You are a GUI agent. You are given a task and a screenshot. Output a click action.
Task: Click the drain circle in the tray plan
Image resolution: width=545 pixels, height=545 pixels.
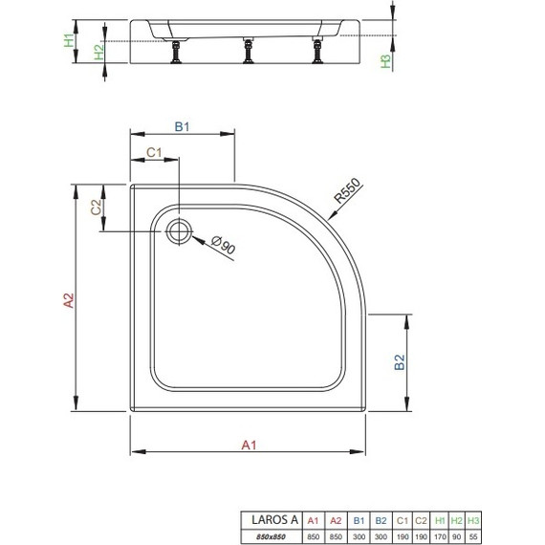click(x=179, y=229)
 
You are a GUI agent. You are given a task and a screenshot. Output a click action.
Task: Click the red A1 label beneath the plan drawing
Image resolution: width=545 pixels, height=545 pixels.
click(x=248, y=444)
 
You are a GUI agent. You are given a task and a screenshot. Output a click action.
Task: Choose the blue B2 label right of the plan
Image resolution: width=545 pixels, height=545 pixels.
click(x=402, y=362)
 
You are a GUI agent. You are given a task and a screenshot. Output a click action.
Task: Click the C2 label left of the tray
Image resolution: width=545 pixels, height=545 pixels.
click(x=96, y=208)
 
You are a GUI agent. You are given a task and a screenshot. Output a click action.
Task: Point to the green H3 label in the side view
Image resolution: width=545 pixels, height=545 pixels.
click(x=386, y=62)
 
